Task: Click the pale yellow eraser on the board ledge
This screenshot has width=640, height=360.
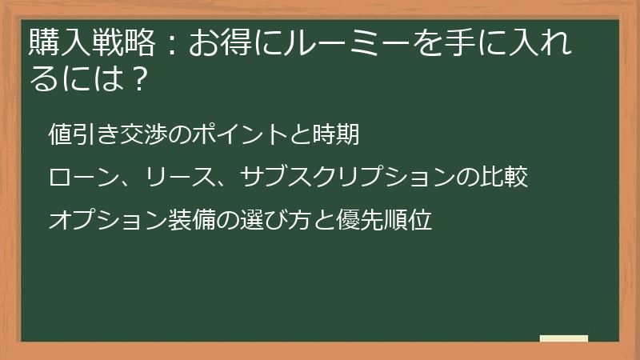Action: (563, 338)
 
